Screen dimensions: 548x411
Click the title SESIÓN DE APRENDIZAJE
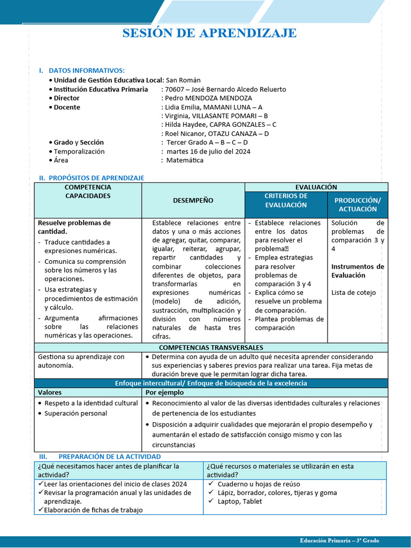click(209, 34)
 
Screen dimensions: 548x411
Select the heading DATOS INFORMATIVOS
click(86, 71)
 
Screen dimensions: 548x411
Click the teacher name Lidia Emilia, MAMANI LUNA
click(214, 107)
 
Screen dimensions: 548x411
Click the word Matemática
click(185, 161)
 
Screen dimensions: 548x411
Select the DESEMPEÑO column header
click(193, 201)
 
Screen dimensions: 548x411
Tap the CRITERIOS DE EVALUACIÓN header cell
click(286, 201)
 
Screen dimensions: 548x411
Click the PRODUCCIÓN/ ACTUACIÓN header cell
click(357, 204)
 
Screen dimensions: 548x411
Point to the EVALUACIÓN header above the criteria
click(316, 187)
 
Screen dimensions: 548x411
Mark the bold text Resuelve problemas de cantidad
click(74, 227)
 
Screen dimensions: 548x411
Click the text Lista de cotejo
click(353, 293)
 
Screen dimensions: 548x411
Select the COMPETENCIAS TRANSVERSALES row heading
click(211, 348)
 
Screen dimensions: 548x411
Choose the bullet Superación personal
click(75, 413)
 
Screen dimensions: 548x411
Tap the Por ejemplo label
click(163, 393)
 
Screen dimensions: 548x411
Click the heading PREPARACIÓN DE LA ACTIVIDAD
click(109, 456)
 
